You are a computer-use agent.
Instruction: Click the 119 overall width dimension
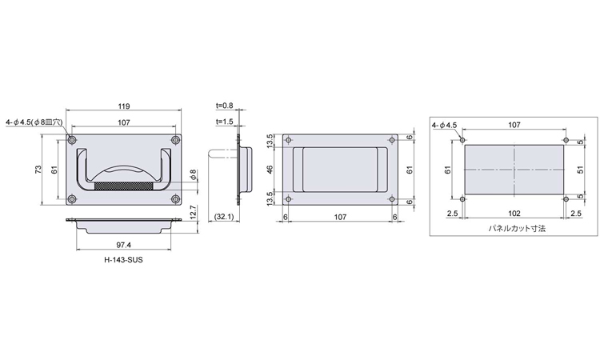coord(123,106)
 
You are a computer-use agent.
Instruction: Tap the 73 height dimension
coord(38,170)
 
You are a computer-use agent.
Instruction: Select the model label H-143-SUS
coord(123,260)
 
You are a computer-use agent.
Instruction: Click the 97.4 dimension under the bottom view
coord(123,245)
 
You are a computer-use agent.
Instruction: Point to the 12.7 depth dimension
coord(193,213)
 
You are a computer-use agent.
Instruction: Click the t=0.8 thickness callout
coord(224,106)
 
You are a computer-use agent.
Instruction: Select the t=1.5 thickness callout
coord(224,122)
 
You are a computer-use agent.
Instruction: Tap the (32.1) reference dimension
coord(223,217)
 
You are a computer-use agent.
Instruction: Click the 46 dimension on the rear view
coord(270,170)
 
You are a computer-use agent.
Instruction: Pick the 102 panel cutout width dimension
coord(514,213)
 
